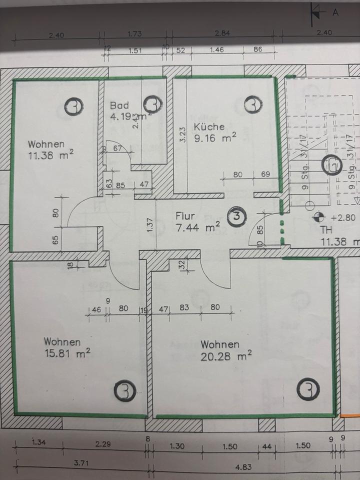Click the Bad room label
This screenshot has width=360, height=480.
(119, 105)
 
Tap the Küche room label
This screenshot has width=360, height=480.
(209, 127)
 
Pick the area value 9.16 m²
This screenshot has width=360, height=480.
(215, 138)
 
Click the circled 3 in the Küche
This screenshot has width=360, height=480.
(253, 105)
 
